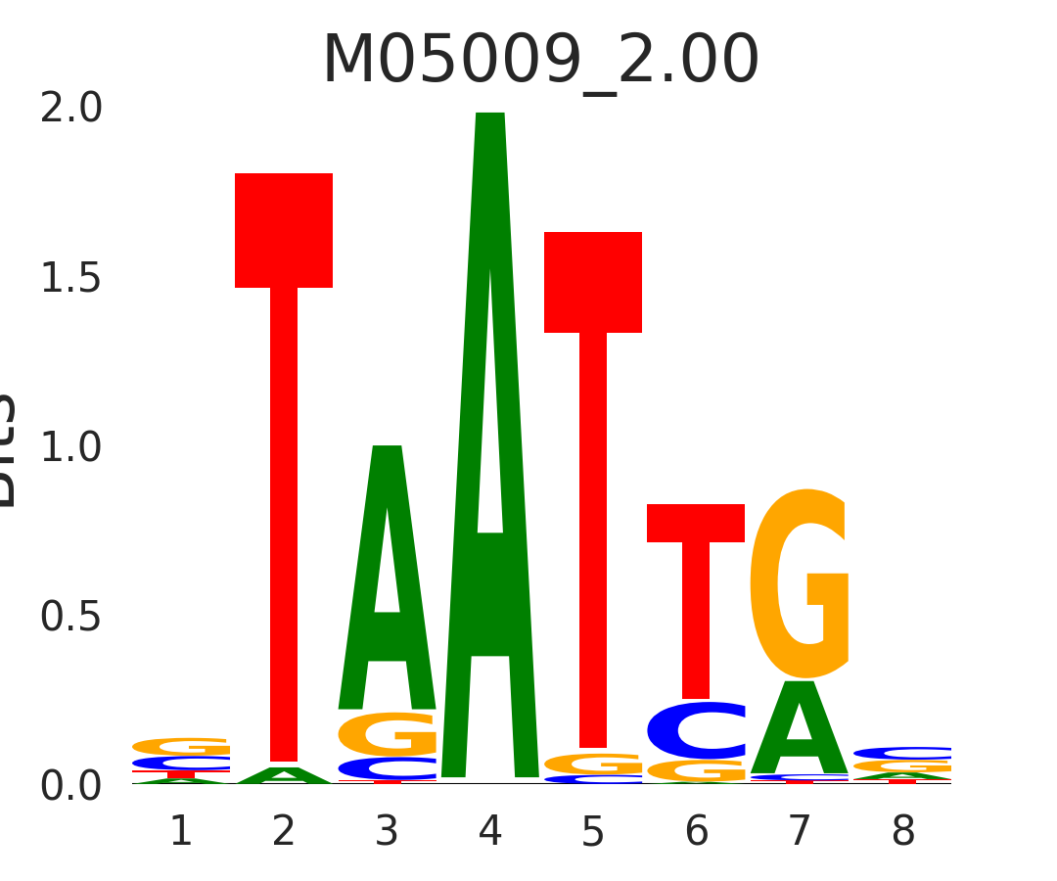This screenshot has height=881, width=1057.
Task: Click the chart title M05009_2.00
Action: [x=540, y=61]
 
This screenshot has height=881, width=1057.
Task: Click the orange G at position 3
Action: [x=388, y=734]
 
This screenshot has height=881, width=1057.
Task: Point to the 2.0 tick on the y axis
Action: [x=71, y=109]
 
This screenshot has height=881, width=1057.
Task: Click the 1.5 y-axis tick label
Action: [x=71, y=279]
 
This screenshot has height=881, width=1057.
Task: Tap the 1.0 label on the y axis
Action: [x=71, y=447]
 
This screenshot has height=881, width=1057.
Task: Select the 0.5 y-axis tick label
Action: [x=71, y=617]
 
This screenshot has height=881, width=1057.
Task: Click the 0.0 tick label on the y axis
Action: [x=71, y=786]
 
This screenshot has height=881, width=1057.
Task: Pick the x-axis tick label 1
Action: [x=181, y=832]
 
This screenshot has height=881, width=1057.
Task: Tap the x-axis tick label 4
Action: [x=489, y=832]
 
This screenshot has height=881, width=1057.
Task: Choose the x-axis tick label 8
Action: [x=902, y=832]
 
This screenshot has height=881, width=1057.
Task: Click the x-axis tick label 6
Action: [x=696, y=832]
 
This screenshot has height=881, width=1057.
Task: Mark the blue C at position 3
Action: [x=388, y=768]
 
